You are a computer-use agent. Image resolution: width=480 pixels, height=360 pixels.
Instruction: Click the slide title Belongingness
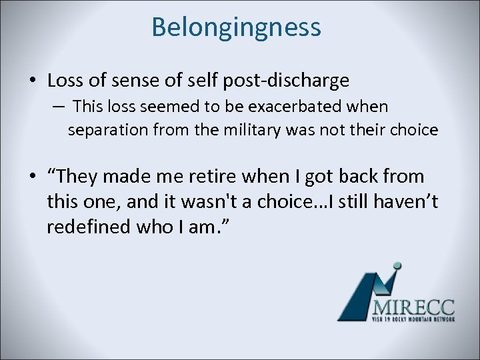[236, 27]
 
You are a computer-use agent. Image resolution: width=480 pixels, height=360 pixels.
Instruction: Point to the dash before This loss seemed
[58, 107]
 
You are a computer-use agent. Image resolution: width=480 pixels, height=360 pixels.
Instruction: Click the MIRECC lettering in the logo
[414, 307]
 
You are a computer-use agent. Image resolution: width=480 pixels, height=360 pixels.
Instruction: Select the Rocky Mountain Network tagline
[413, 320]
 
